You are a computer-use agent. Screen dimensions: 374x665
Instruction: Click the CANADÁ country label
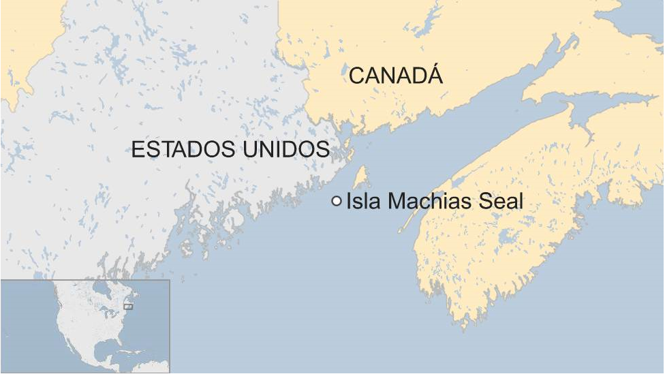(395, 75)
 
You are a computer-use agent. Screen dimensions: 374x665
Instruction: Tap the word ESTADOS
(179, 150)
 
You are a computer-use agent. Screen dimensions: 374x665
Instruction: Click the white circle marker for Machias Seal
(337, 201)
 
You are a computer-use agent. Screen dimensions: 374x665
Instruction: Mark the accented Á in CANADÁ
(434, 74)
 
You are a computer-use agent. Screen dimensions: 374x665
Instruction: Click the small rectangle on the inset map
(128, 307)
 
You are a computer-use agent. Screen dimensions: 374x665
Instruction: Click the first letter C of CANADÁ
(356, 76)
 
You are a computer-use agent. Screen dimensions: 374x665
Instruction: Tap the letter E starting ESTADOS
(137, 150)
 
